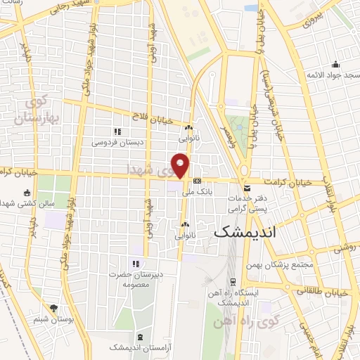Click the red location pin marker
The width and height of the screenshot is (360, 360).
click(x=181, y=165)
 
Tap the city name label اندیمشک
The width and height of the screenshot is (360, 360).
click(x=245, y=231)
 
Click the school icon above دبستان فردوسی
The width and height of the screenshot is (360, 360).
click(x=117, y=131)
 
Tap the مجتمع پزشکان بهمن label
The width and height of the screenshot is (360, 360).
click(x=278, y=265)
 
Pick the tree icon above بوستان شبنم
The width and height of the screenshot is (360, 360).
click(x=54, y=308)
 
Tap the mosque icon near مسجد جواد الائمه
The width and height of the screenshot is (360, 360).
click(x=335, y=64)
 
